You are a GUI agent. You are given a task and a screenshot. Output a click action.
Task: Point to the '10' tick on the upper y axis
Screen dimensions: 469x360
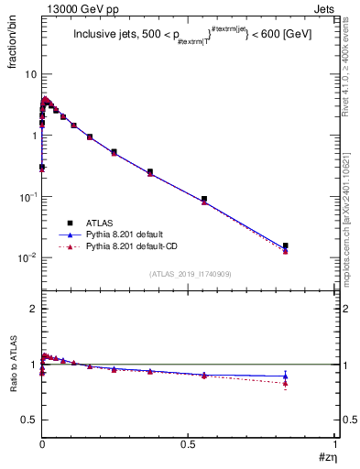click(30, 74)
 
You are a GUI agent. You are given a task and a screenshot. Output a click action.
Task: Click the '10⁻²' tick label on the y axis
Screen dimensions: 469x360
click(27, 258)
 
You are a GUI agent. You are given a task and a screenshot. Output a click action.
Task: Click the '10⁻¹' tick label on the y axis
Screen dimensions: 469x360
click(27, 197)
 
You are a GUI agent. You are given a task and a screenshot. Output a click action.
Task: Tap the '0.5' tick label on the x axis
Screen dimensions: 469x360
click(188, 443)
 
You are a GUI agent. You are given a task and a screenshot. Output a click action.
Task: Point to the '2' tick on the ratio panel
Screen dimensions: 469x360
click(33, 310)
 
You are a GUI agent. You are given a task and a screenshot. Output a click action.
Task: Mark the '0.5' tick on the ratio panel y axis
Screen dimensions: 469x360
click(29, 420)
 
